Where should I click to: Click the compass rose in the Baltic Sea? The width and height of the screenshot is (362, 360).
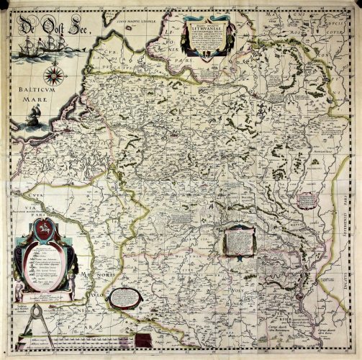(54, 73)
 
